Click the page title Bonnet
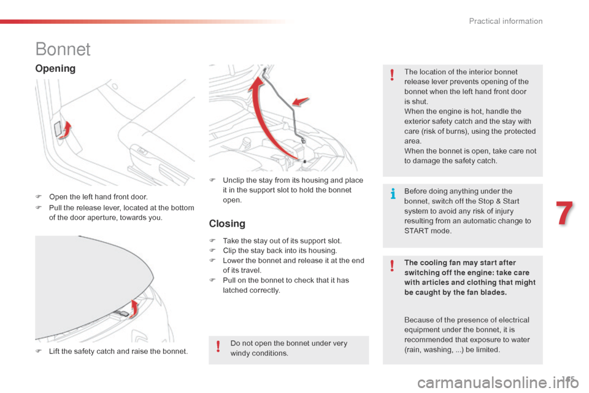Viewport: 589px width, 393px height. (63, 49)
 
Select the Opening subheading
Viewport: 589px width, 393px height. (55, 68)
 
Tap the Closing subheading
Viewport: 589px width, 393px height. (227, 224)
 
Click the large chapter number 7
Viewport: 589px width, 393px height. (565, 214)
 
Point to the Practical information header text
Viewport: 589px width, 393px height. (506, 21)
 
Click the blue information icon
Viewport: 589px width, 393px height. (393, 195)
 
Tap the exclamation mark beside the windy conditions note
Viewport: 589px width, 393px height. (218, 348)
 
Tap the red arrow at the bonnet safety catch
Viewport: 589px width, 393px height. (136, 308)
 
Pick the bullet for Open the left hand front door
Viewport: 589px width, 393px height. (39, 197)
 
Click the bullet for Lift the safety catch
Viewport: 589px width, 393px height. (39, 351)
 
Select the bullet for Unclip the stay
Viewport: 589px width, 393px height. (212, 180)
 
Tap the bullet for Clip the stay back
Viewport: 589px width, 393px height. (212, 251)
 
